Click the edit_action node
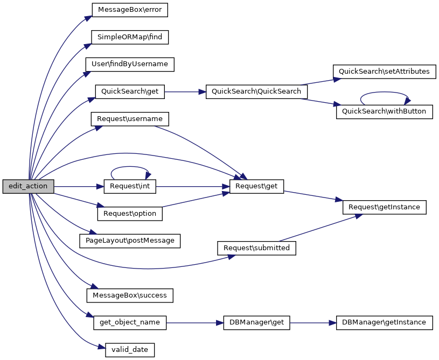28,187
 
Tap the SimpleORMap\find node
130,37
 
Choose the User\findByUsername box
130,64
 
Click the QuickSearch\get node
130,91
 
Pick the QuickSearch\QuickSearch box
256,91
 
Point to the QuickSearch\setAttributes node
384,72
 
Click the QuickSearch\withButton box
384,112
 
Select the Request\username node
130,118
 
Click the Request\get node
256,187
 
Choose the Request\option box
130,214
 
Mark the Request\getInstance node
384,207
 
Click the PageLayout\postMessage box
130,241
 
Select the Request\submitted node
256,248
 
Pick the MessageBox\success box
130,295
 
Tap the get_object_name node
130,323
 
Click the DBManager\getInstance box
384,323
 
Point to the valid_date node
130,350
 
